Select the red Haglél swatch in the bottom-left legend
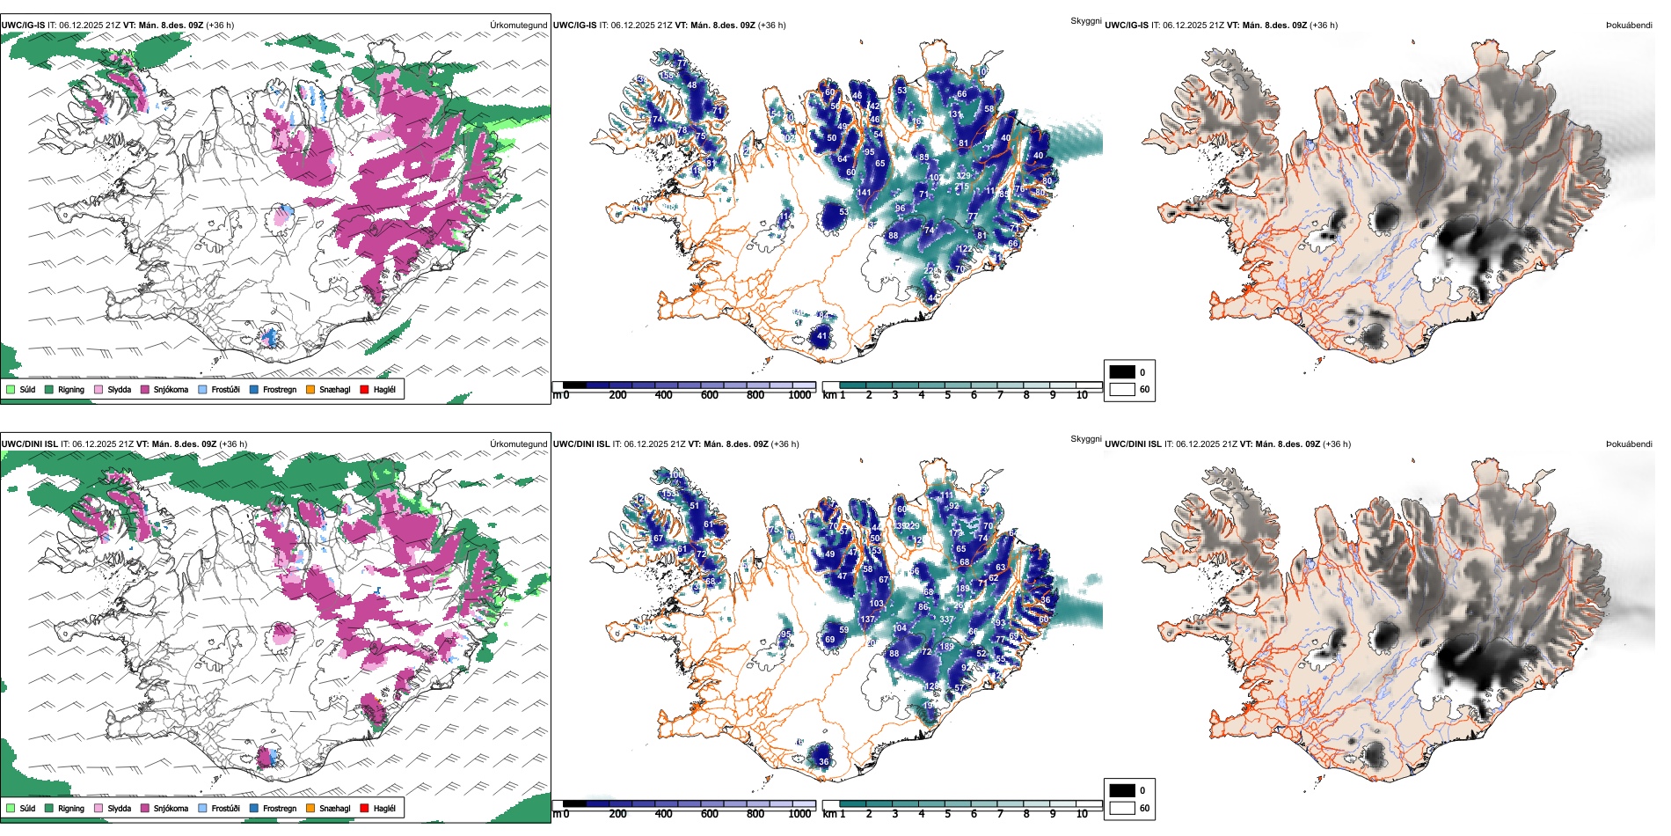pyautogui.click(x=364, y=809)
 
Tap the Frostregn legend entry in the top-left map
pyautogui.click(x=279, y=390)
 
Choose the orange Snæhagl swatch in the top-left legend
pyautogui.click(x=310, y=390)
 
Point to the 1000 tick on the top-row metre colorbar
pyautogui.click(x=799, y=395)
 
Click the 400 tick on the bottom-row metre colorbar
pyautogui.click(x=663, y=814)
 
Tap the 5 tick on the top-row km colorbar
pyautogui.click(x=948, y=395)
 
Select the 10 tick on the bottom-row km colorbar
pyautogui.click(x=1082, y=814)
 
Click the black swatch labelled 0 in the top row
pyautogui.click(x=1122, y=372)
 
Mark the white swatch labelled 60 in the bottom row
pyautogui.click(x=1122, y=808)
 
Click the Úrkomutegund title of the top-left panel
pyautogui.click(x=518, y=26)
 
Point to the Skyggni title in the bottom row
pyautogui.click(x=1086, y=439)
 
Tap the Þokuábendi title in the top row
pyautogui.click(x=1629, y=26)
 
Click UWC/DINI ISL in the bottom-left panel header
pyautogui.click(x=29, y=444)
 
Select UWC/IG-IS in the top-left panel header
pyautogui.click(x=23, y=26)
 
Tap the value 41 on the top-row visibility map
pyautogui.click(x=822, y=336)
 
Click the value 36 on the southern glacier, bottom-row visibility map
pyautogui.click(x=823, y=762)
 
